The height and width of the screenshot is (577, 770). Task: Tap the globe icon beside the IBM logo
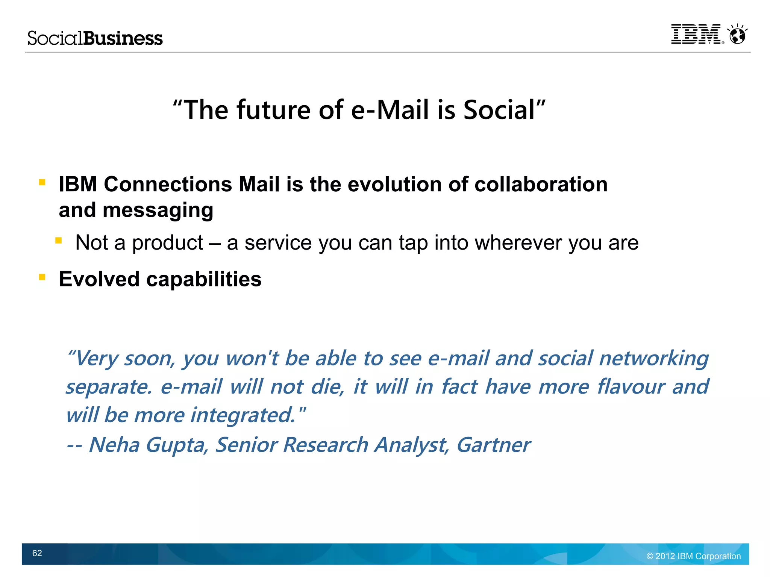click(x=737, y=35)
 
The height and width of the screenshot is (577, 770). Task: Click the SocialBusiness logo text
click(x=95, y=38)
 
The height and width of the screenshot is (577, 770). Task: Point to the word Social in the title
click(x=499, y=110)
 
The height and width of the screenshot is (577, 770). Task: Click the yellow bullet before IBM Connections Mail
click(x=42, y=183)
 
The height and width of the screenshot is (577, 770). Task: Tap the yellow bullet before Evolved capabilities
click(x=42, y=277)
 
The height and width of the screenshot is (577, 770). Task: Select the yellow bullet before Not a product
click(x=58, y=241)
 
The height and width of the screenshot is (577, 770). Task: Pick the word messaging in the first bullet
click(x=158, y=211)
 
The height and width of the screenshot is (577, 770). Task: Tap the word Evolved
click(x=99, y=279)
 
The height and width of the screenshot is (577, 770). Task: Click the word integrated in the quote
click(x=243, y=416)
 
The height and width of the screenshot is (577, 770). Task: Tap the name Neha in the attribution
click(x=114, y=445)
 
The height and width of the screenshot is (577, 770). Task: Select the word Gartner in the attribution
click(x=493, y=445)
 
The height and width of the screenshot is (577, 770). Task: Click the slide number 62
click(x=37, y=553)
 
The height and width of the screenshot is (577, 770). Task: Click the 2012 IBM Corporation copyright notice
click(x=693, y=556)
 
